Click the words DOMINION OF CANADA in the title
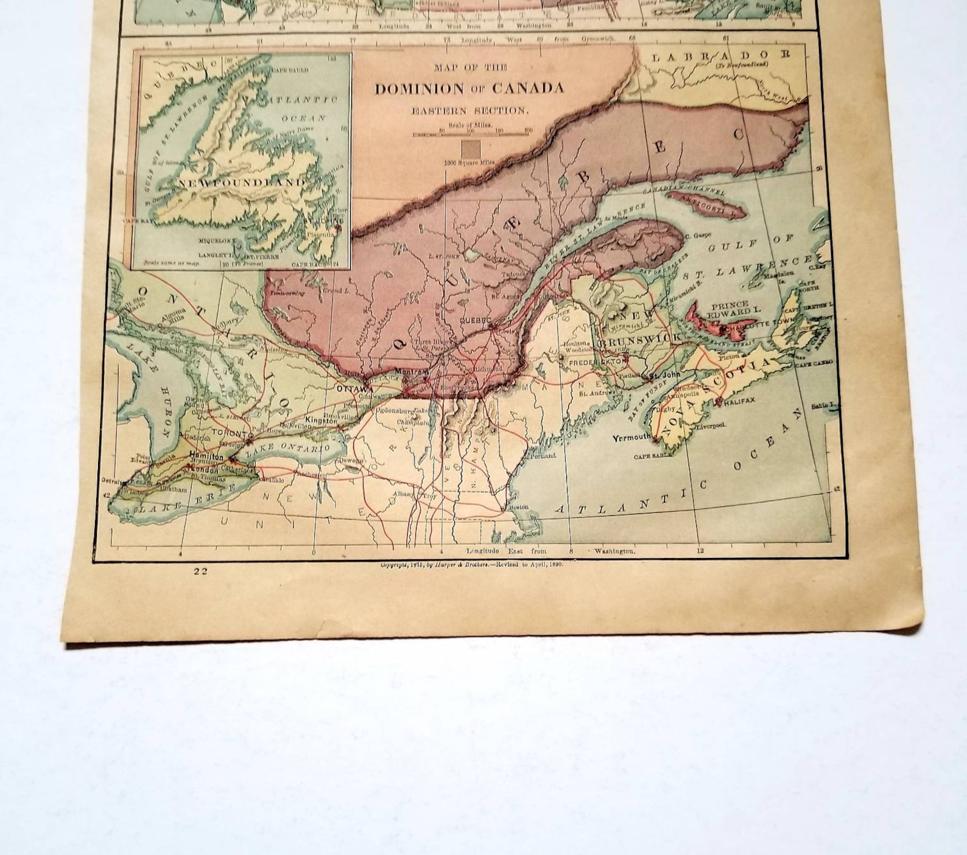(x=469, y=89)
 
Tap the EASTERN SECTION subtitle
(x=469, y=111)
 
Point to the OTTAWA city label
(x=354, y=388)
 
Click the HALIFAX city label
(x=740, y=400)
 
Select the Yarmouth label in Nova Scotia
(x=631, y=438)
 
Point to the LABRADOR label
(x=720, y=56)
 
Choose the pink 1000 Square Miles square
(x=470, y=149)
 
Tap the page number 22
(x=201, y=571)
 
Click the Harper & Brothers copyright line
(x=472, y=565)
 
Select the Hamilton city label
(x=206, y=455)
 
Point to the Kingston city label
(x=321, y=421)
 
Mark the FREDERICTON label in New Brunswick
(x=597, y=362)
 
